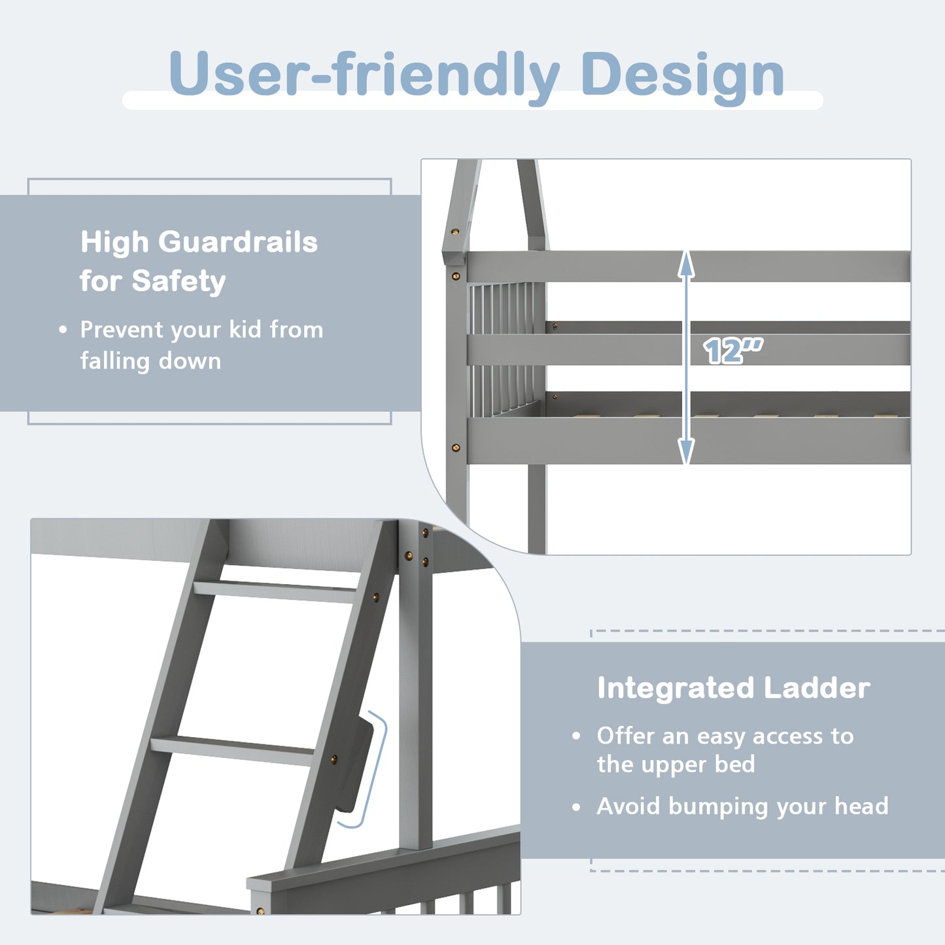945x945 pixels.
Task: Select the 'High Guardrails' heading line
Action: [x=199, y=242]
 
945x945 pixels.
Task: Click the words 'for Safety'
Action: [x=152, y=281]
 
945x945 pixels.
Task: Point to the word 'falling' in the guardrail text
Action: [x=114, y=361]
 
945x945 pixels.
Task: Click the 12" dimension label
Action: [x=732, y=351]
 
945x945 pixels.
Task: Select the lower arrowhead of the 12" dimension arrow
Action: [x=686, y=452]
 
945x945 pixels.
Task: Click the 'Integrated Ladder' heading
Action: [x=733, y=688]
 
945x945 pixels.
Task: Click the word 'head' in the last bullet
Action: [x=861, y=806]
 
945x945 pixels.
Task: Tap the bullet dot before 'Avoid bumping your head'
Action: [x=576, y=808]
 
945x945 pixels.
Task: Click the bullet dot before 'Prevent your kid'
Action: [x=63, y=330]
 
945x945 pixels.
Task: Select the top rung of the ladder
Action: [x=275, y=591]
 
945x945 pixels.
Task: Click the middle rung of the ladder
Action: [x=232, y=749]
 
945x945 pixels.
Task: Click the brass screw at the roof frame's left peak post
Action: [x=455, y=232]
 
